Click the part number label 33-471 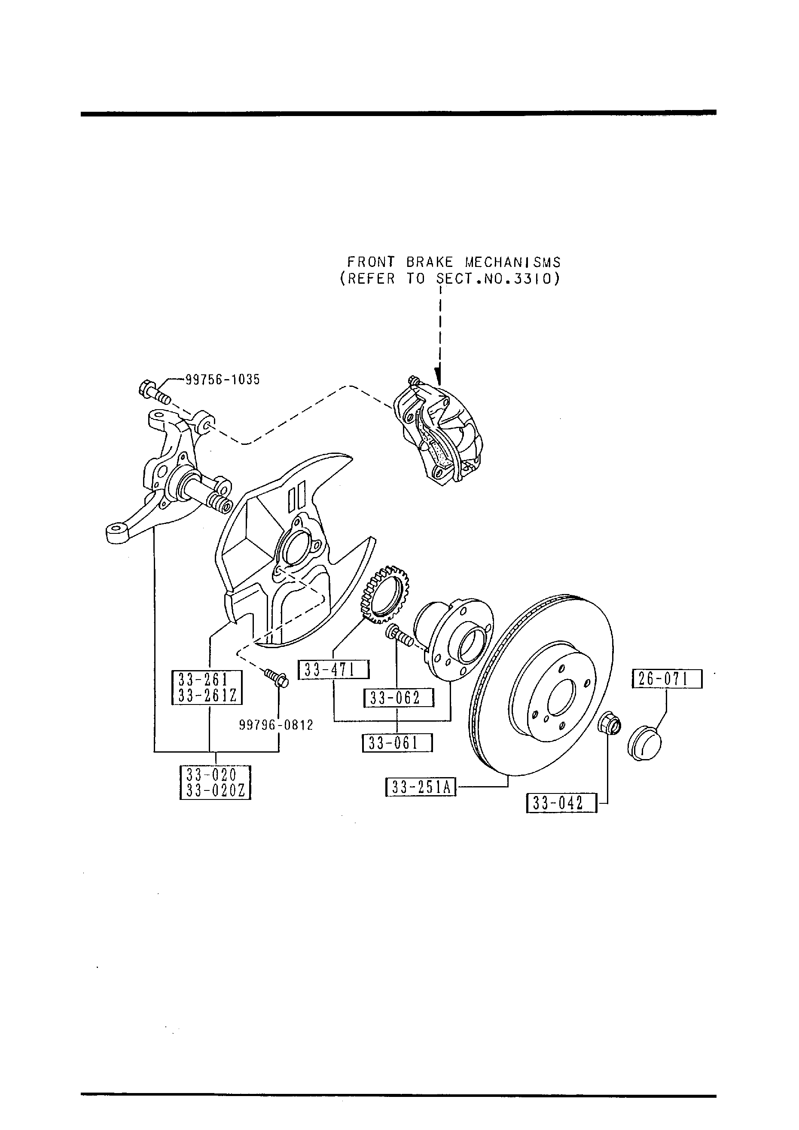tap(334, 670)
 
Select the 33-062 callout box tap(399, 698)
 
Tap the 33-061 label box tap(397, 743)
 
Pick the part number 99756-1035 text tap(223, 380)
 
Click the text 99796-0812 tap(276, 725)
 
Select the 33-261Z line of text tap(207, 695)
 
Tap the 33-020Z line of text tap(216, 791)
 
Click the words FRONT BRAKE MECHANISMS tap(454, 262)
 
